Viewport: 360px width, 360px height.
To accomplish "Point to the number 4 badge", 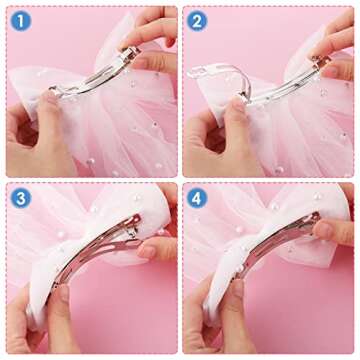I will (x=198, y=197).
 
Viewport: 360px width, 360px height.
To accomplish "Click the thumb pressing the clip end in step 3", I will (x=150, y=245).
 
